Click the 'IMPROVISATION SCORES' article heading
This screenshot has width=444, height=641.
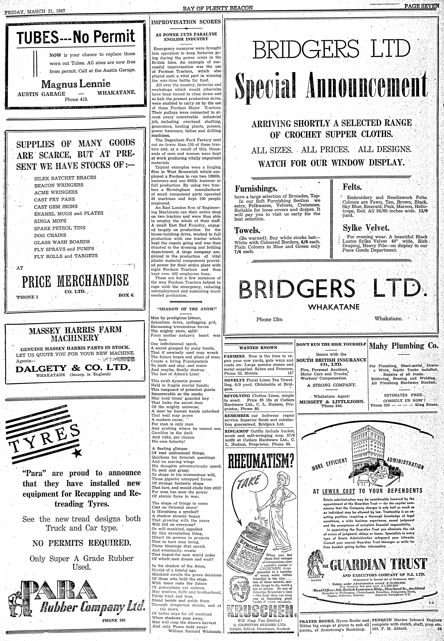[186, 22]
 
